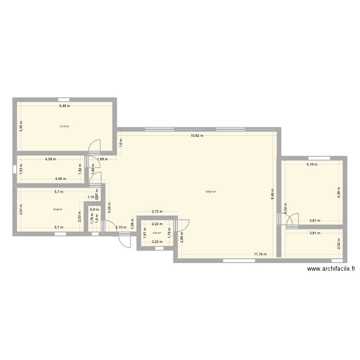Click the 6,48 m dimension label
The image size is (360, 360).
(x=64, y=106)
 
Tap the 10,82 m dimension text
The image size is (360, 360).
(x=197, y=136)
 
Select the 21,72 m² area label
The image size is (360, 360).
(x=64, y=127)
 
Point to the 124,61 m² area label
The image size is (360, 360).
(x=211, y=192)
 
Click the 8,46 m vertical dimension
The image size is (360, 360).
(x=272, y=193)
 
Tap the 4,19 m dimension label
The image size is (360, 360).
(x=313, y=165)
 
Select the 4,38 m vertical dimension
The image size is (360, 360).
(x=338, y=193)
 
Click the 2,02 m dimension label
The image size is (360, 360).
(x=338, y=243)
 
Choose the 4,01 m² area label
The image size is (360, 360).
(x=157, y=233)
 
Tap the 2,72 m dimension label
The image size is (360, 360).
(x=157, y=211)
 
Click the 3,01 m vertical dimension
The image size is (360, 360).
(x=21, y=209)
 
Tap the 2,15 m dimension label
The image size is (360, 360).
(x=122, y=228)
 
